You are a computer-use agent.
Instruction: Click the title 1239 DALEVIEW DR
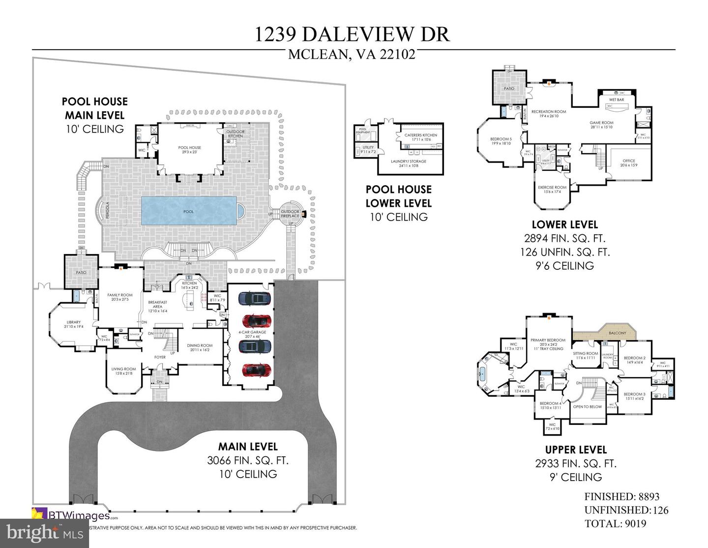coord(352,34)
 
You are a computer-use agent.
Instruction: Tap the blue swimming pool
coord(189,211)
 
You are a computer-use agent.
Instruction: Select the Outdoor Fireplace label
coord(290,214)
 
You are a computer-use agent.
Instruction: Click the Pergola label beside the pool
coord(107,211)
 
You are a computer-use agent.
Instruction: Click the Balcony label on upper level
coord(618,333)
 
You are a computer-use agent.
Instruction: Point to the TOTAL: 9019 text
coord(615,524)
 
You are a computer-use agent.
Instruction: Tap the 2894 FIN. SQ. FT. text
coord(565,239)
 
